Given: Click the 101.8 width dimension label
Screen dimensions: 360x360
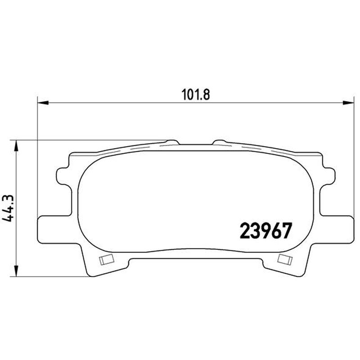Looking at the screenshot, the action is click(x=196, y=94).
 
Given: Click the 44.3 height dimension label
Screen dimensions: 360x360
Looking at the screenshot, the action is click(x=8, y=208).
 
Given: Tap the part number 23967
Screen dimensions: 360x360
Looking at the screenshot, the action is click(x=265, y=231).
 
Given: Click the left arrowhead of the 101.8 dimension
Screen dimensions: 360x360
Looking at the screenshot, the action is click(x=43, y=103).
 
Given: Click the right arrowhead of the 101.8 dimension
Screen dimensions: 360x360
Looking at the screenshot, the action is click(x=348, y=103).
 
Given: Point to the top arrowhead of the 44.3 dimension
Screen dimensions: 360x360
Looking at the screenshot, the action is click(x=16, y=145).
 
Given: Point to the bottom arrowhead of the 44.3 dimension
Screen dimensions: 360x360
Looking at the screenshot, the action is click(x=16, y=271).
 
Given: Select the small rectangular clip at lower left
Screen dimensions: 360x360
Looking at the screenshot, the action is click(x=107, y=260).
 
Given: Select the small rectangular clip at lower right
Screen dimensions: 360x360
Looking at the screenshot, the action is click(x=285, y=260).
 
